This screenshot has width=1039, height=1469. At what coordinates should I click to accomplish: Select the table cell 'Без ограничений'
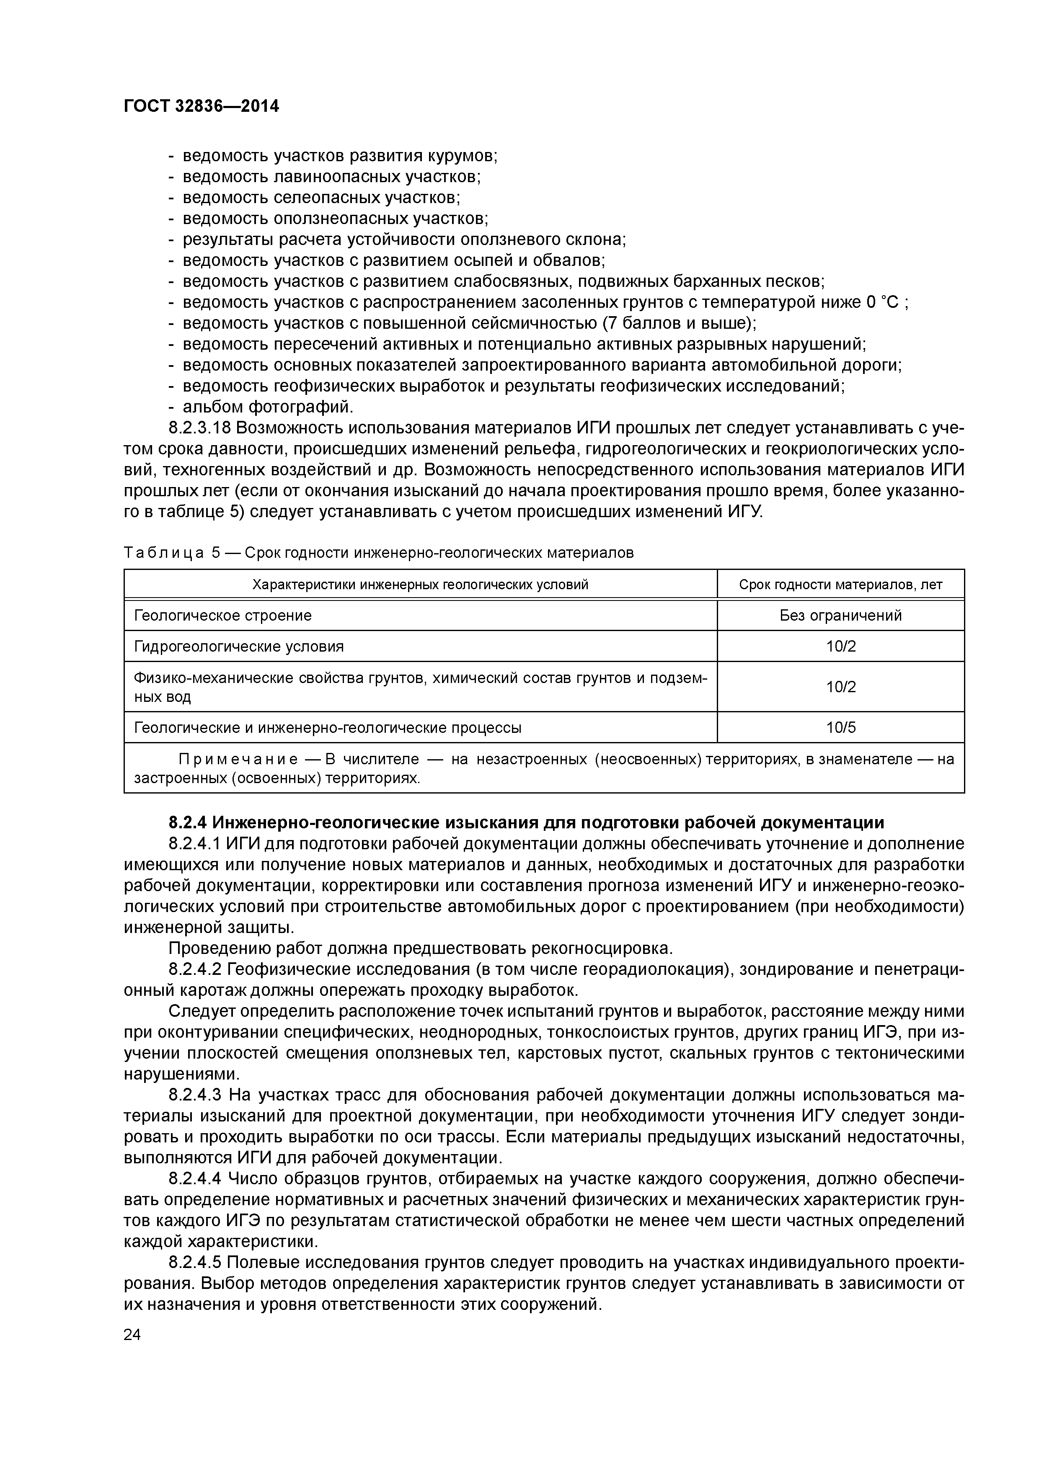[x=840, y=616]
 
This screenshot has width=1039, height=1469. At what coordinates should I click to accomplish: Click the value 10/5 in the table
[x=840, y=727]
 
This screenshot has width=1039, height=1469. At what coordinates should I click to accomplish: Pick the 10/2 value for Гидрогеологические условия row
[x=840, y=646]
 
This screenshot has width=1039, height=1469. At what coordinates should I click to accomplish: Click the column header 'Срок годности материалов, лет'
[x=840, y=585]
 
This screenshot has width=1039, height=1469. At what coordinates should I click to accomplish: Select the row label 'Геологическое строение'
[x=223, y=616]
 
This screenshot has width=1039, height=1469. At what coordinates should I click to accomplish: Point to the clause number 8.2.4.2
[x=195, y=969]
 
